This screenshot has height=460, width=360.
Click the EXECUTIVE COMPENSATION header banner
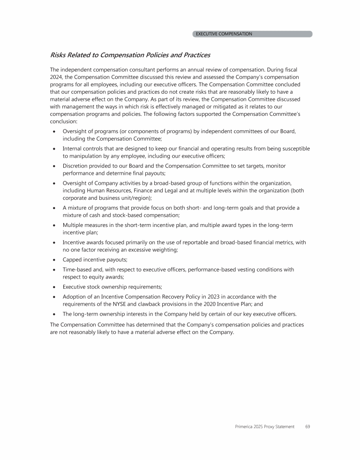252,34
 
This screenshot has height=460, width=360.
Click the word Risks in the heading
60,55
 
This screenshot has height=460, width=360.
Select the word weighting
168,250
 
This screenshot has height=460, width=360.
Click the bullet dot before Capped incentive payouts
55,261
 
